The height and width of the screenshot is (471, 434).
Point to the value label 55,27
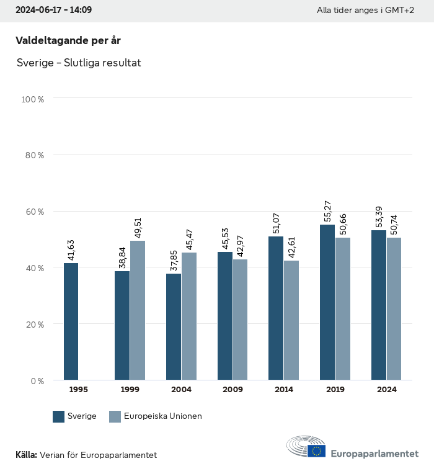[327, 210]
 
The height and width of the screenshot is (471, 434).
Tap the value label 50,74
[394, 223]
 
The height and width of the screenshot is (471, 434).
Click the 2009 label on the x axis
[232, 390]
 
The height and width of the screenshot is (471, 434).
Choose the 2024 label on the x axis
[386, 390]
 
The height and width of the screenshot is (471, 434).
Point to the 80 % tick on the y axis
[34, 155]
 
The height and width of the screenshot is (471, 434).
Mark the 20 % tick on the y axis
[34, 325]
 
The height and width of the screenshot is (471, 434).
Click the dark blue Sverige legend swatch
[59, 416]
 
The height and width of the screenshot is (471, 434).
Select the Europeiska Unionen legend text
[163, 416]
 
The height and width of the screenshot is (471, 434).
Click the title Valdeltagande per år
[68, 40]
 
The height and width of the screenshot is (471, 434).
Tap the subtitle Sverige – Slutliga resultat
[79, 63]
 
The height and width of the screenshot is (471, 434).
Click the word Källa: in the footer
[26, 455]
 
